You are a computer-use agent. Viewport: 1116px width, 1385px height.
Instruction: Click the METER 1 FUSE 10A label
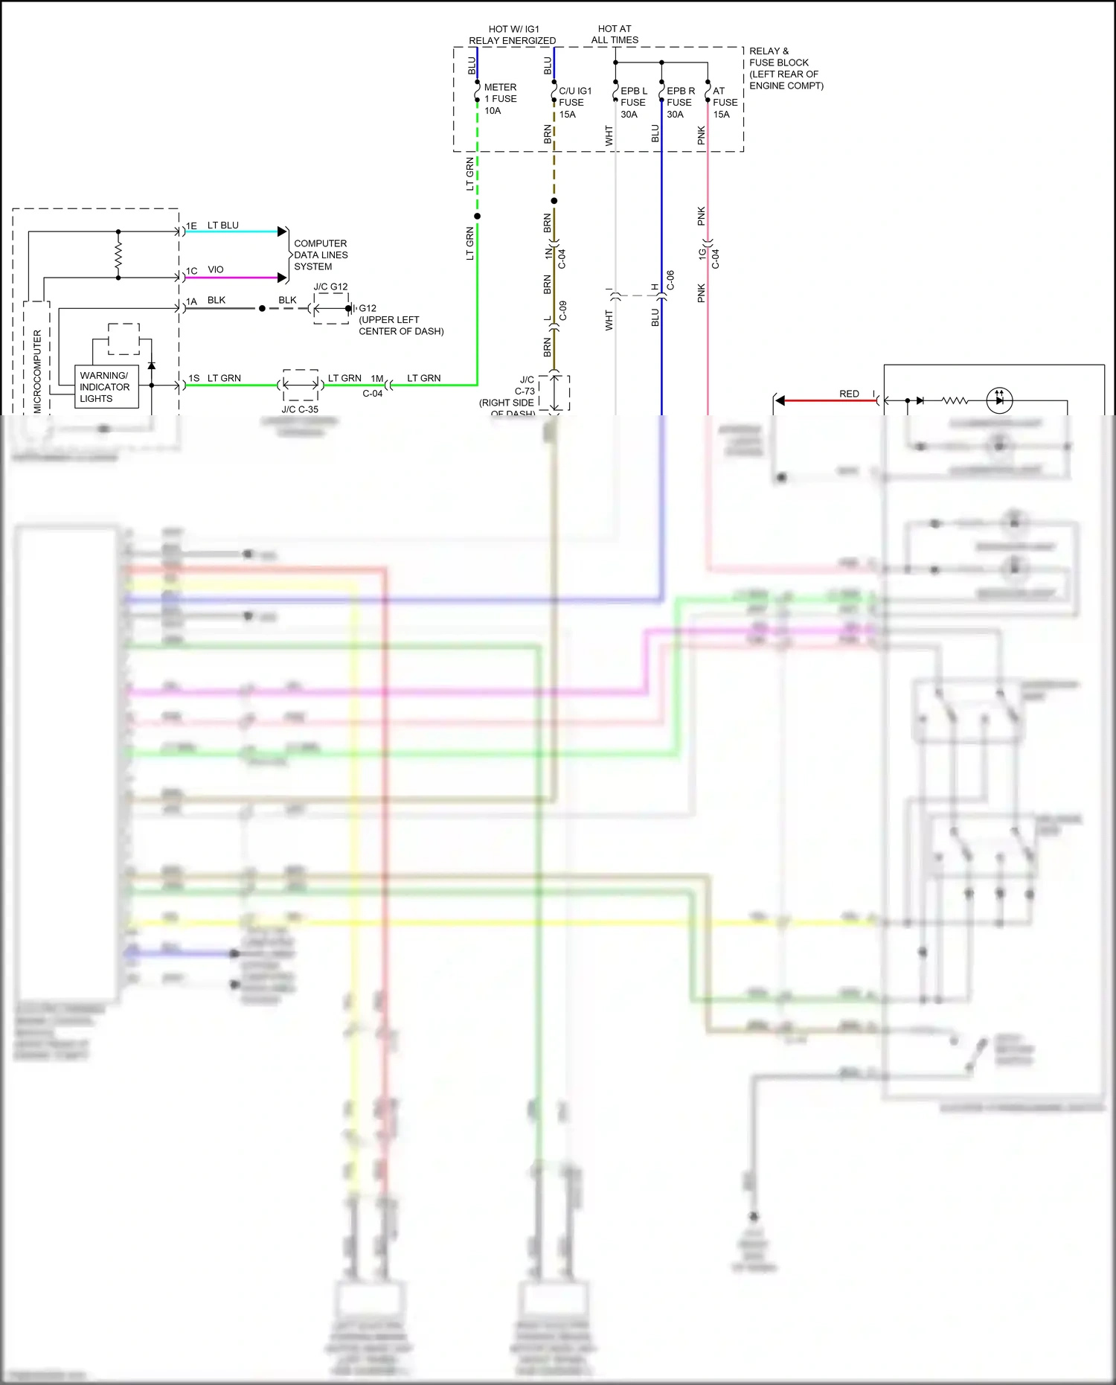(500, 99)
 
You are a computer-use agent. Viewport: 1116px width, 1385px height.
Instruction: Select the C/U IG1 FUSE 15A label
(574, 103)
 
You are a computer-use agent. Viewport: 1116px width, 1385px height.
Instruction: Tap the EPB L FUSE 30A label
(633, 103)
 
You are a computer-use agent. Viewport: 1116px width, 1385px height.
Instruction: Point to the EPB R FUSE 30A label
(680, 103)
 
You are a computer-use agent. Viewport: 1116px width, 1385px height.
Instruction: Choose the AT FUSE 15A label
(725, 103)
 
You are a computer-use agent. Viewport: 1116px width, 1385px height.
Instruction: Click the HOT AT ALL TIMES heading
(615, 34)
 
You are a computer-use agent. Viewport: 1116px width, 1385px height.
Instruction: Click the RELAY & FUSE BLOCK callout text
(786, 68)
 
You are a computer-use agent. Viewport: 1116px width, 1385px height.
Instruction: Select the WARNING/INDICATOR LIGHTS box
(106, 387)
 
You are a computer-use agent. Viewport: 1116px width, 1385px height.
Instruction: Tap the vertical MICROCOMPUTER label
(38, 371)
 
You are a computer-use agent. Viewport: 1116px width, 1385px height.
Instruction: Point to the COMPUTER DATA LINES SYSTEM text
(320, 255)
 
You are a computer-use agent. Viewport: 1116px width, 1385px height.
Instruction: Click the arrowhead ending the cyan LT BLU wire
(283, 231)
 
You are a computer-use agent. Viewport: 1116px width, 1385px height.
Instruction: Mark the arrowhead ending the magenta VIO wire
(283, 278)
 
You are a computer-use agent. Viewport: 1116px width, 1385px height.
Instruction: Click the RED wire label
(849, 394)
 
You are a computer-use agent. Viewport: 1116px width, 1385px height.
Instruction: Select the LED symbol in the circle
(999, 400)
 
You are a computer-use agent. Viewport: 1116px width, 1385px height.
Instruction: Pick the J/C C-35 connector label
(300, 409)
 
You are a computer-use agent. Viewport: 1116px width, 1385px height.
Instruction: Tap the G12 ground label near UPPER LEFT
(368, 308)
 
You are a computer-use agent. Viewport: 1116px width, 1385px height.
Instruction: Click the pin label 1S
(193, 378)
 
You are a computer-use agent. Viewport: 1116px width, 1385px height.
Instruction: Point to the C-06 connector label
(670, 280)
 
